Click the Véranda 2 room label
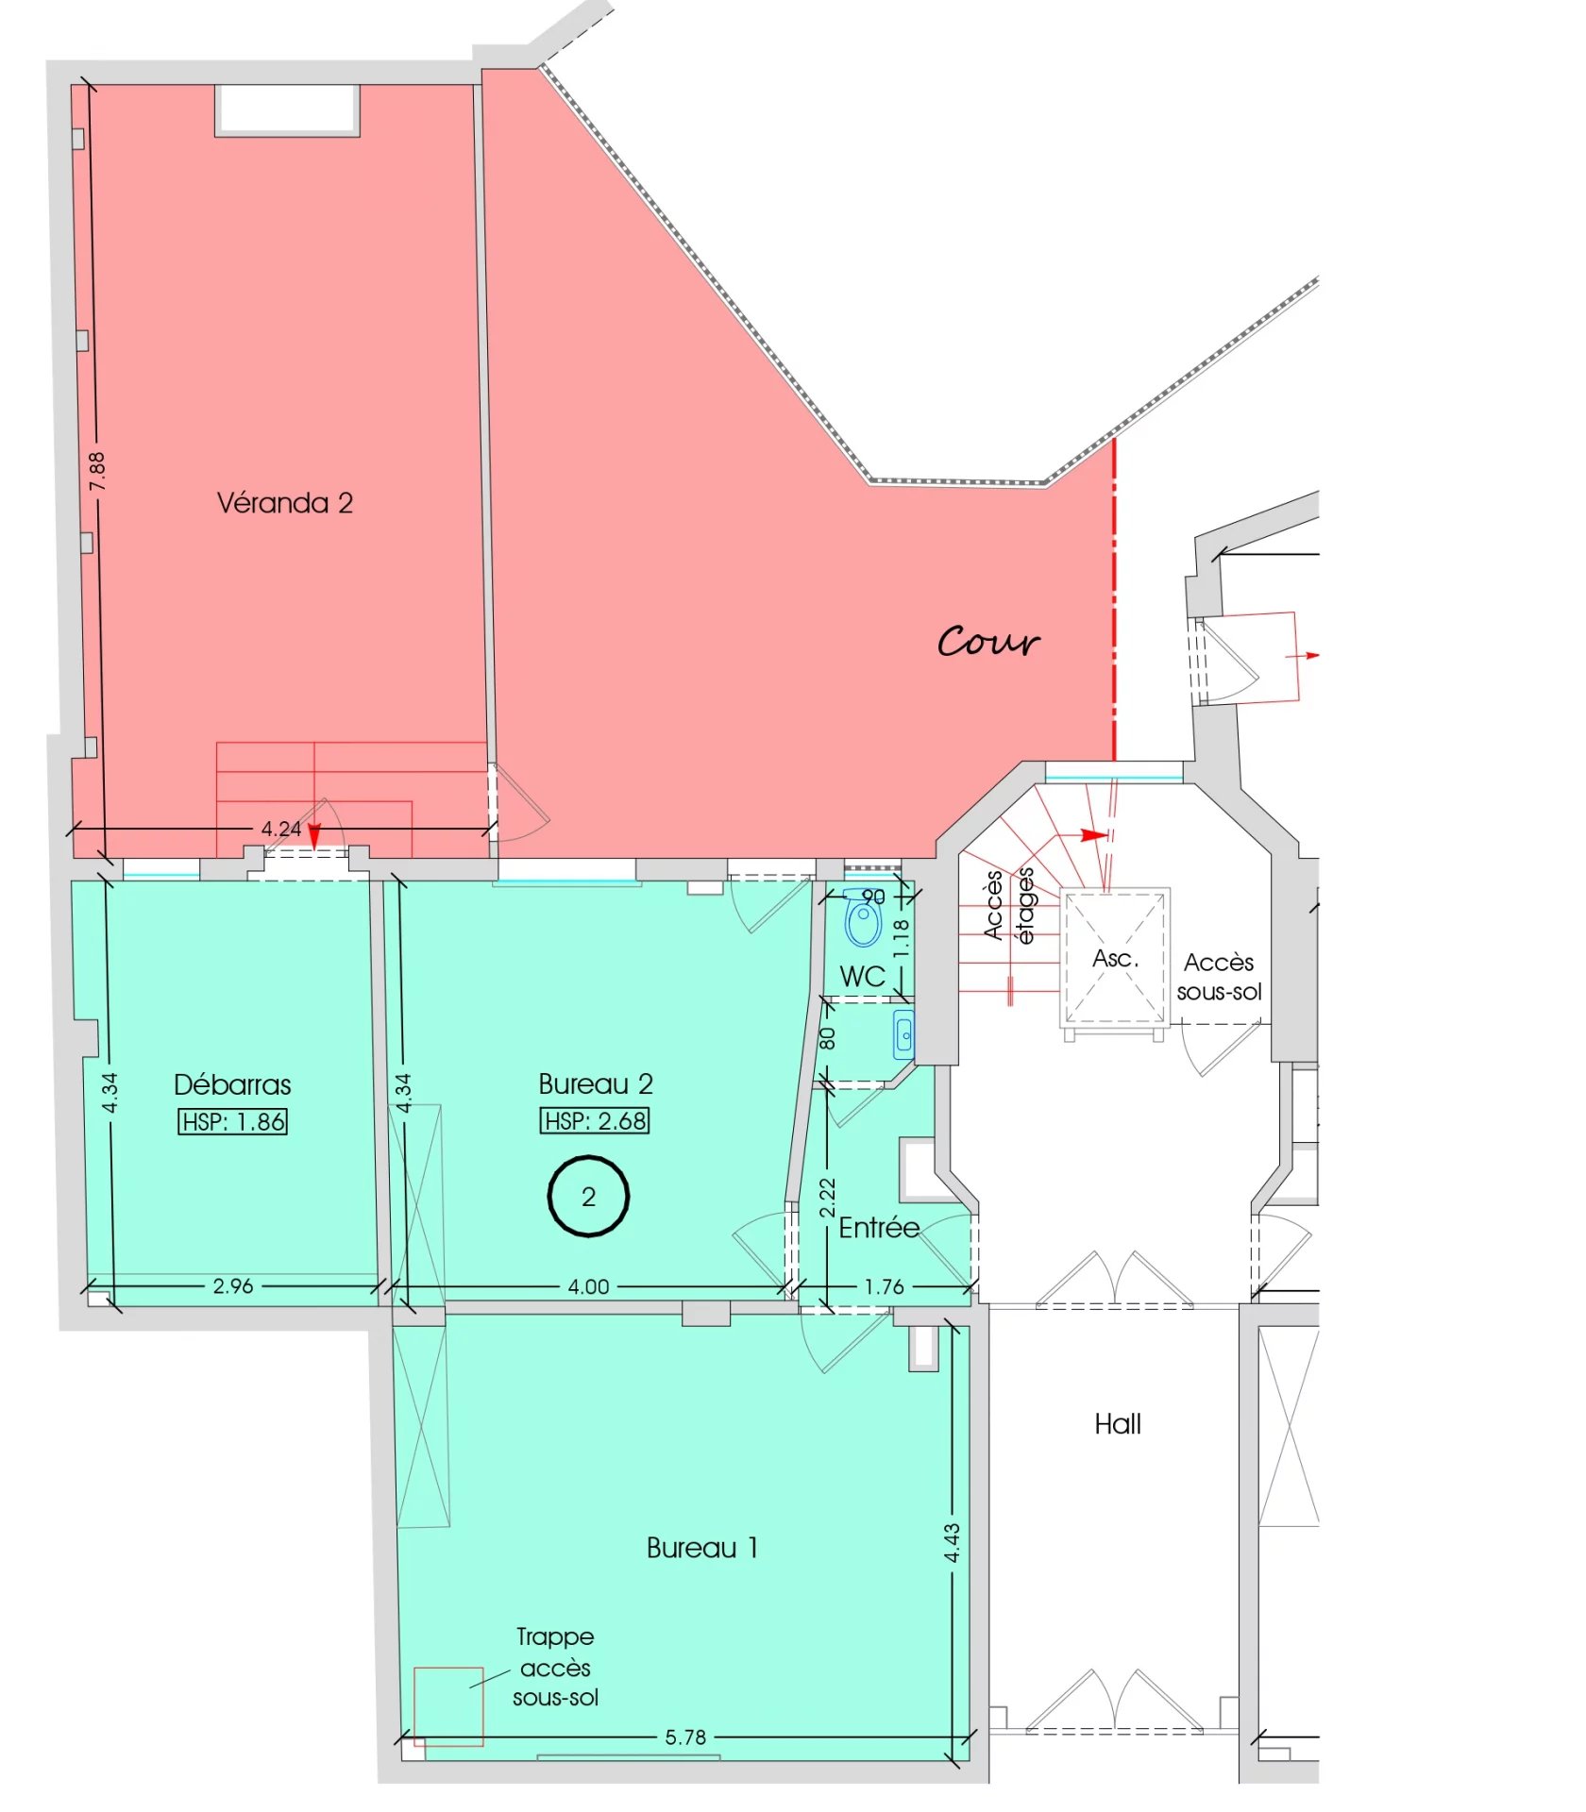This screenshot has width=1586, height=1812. (285, 503)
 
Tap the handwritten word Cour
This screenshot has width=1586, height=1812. (988, 642)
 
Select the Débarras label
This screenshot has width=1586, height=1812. (232, 1085)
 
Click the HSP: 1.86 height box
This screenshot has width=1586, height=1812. (232, 1122)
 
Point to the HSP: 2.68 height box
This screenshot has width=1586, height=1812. (595, 1121)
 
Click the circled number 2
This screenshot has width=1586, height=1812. (588, 1197)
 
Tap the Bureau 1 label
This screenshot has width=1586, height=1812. (702, 1549)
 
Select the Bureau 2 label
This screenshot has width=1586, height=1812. (596, 1084)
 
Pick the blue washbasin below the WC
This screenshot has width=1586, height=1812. (904, 1034)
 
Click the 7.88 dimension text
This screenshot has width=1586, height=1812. (96, 471)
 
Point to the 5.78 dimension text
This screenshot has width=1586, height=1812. (685, 1737)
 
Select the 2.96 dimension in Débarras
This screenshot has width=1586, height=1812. (233, 1286)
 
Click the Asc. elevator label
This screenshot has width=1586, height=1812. (1115, 959)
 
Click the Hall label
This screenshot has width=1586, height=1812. (1118, 1425)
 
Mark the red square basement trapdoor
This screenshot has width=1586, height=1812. (448, 1707)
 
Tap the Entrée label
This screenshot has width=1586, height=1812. (879, 1228)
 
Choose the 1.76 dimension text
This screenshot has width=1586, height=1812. (885, 1286)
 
